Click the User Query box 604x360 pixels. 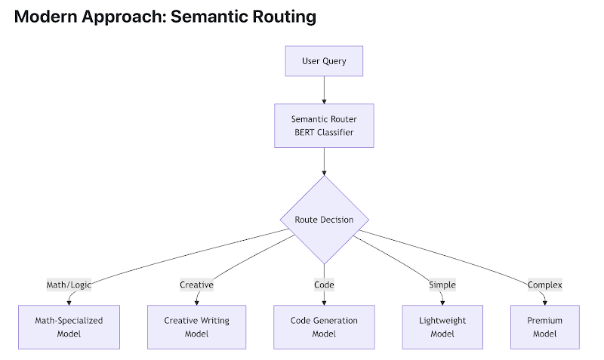[324, 61]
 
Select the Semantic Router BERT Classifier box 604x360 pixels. [324, 125]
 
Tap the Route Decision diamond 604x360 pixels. [324, 220]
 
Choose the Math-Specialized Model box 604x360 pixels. [69, 327]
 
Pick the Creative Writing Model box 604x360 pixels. [196, 327]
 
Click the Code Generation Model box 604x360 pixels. [324, 327]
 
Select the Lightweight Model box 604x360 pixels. [442, 327]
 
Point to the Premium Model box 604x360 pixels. [544, 327]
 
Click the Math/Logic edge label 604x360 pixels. [69, 285]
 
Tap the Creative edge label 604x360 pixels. [196, 285]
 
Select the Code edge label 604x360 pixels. [324, 285]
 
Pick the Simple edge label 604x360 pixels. [442, 285]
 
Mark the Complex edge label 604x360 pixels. [544, 285]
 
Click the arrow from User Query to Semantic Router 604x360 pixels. [324, 89]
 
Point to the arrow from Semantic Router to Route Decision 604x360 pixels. [324, 161]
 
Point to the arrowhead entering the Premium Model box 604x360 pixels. [544, 302]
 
